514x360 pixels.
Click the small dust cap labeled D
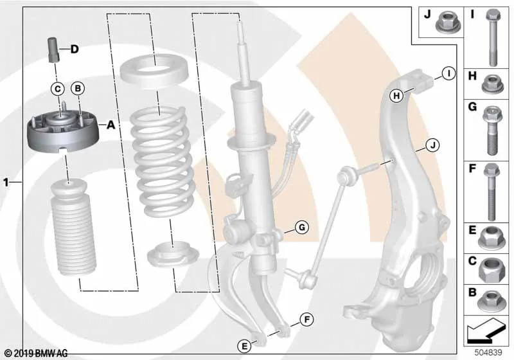pos(53,50)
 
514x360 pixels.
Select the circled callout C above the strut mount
pos(58,89)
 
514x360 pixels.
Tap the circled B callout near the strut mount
pos(78,88)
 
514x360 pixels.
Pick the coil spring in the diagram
pos(163,161)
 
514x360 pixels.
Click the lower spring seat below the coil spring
pos(173,255)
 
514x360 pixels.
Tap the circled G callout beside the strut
pos(301,227)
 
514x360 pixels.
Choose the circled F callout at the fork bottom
pos(307,319)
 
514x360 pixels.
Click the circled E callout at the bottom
pos(244,346)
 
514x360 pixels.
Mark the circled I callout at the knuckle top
pos(448,73)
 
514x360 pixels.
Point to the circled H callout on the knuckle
pos(396,96)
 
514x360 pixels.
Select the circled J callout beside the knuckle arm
pos(432,145)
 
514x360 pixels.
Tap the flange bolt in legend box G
pos(491,130)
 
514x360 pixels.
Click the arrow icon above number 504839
pos(484,330)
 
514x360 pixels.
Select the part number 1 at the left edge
pos(6,182)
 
